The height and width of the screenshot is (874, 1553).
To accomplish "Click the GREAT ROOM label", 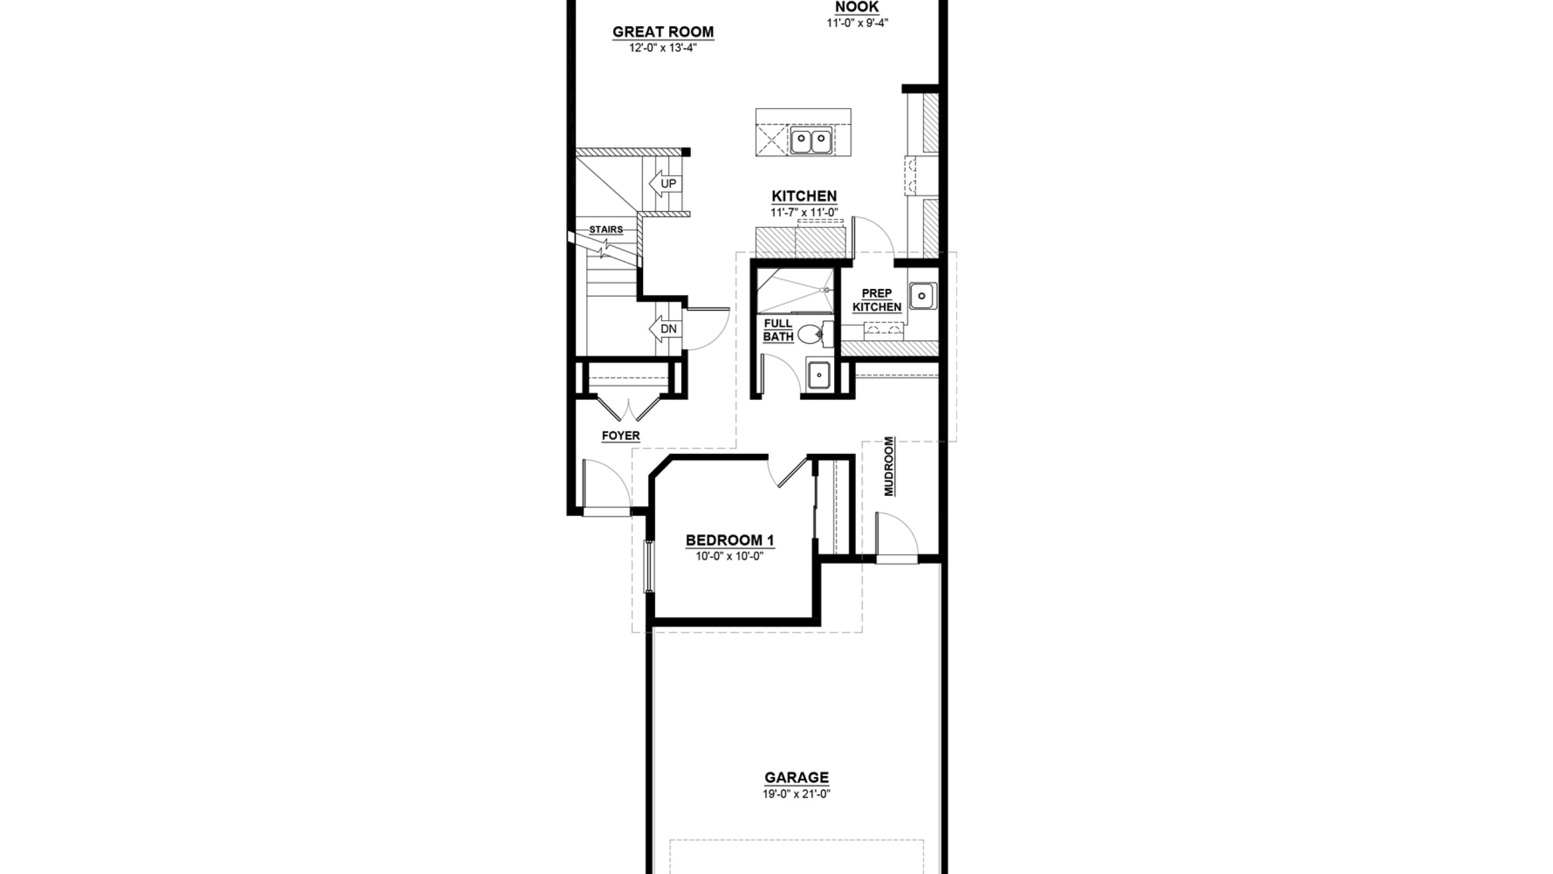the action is click(663, 32).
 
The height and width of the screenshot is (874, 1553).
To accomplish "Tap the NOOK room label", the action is click(857, 7).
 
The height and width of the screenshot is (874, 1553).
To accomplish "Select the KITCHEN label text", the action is click(804, 196).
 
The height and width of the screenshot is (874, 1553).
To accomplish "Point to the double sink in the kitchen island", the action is click(811, 141).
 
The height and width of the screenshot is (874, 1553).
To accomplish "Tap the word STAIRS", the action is click(606, 229).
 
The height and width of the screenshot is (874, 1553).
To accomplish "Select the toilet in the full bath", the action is click(815, 334).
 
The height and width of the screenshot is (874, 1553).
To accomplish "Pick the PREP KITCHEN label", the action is click(877, 300).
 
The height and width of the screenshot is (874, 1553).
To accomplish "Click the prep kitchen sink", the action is click(922, 296).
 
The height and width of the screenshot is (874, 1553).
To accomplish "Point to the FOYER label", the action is click(621, 435).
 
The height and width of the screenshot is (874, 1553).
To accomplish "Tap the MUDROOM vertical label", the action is click(889, 466).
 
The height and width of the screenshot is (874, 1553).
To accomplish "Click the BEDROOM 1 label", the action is click(730, 540).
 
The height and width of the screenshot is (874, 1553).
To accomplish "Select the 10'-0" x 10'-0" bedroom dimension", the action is click(729, 556).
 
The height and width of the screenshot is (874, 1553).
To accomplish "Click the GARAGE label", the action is click(797, 777).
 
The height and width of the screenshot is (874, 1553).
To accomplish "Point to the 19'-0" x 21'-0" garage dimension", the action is click(797, 794).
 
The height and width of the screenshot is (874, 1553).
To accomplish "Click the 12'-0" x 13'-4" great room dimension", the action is click(663, 48).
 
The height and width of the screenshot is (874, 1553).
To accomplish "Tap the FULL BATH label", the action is click(778, 330).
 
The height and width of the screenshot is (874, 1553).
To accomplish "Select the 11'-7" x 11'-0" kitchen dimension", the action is click(804, 212).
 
